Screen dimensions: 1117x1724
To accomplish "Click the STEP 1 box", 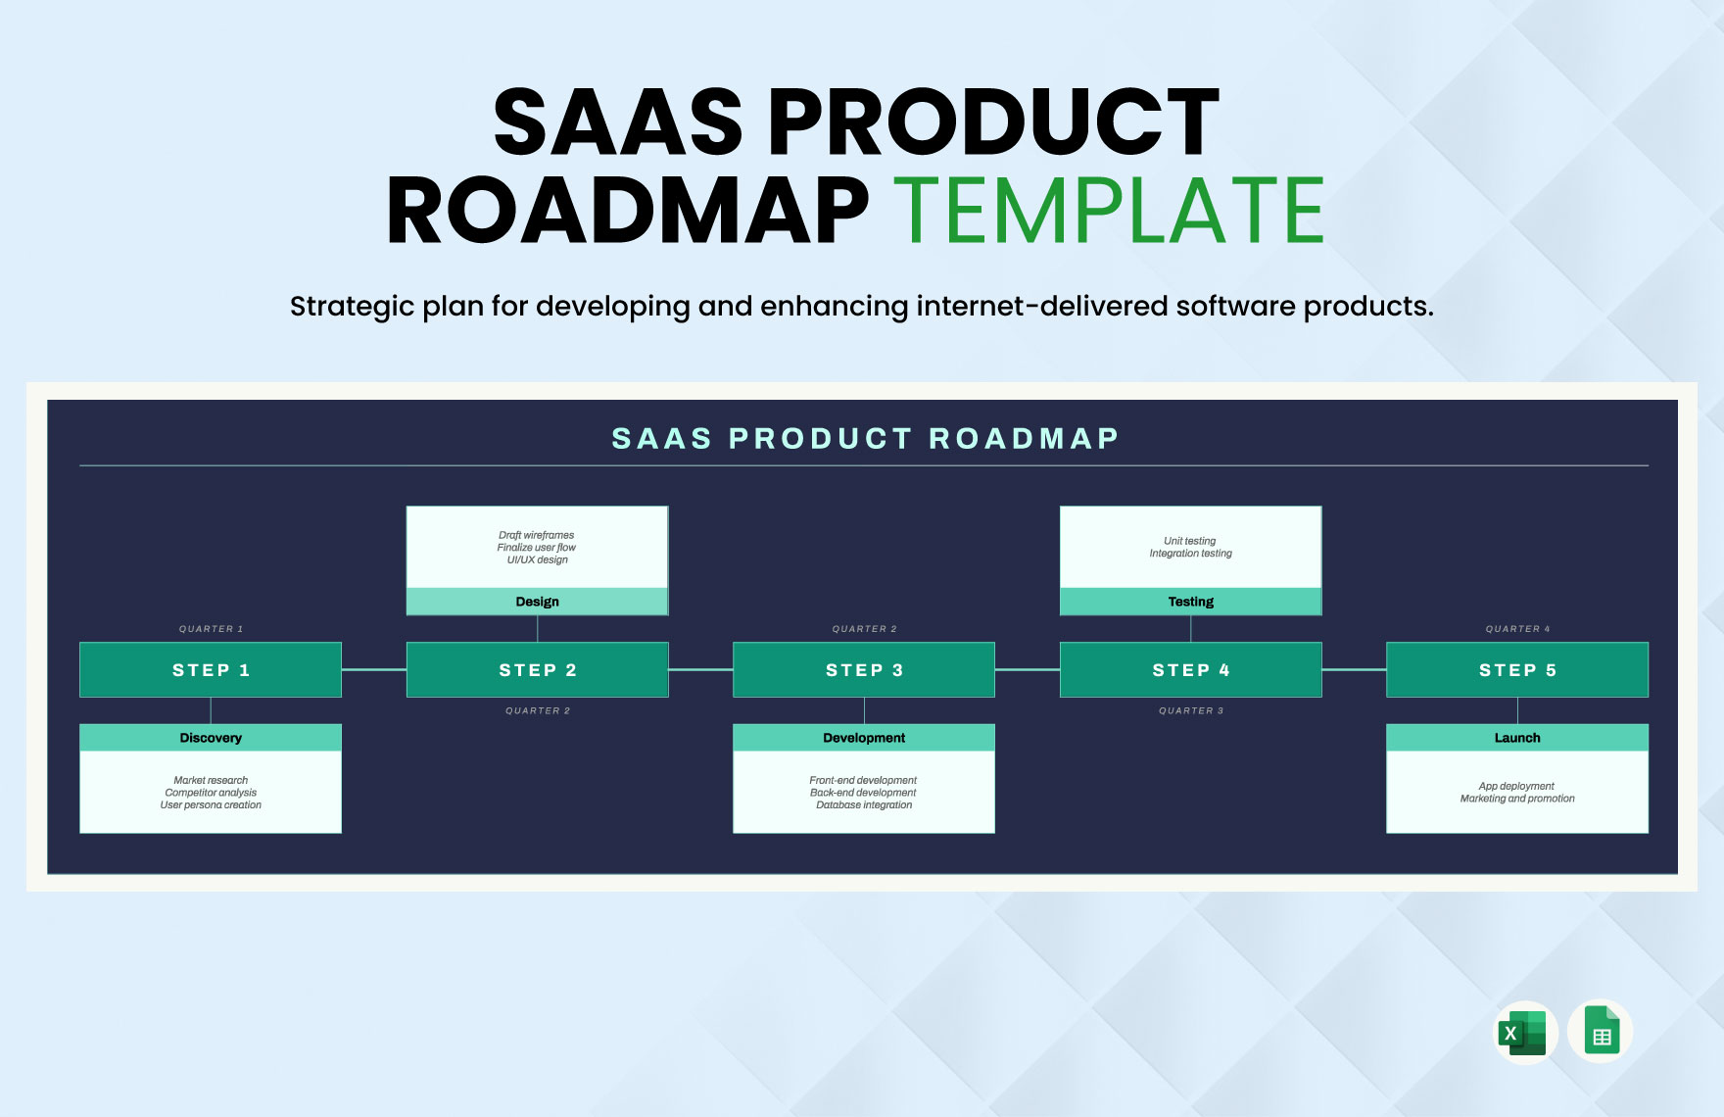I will [x=211, y=670].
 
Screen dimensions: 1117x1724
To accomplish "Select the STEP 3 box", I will [x=864, y=670].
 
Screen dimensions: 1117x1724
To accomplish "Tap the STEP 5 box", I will [x=1517, y=670].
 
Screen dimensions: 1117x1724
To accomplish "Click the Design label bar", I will [x=537, y=602].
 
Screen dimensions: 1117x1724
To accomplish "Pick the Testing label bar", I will [x=1190, y=602].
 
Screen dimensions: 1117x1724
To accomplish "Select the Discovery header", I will [x=211, y=738].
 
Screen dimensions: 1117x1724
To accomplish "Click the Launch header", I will [x=1517, y=738].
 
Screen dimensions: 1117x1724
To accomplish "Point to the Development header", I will [x=864, y=738].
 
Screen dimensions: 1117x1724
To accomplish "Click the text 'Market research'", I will [x=211, y=780].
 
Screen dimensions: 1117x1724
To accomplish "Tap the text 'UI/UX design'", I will [x=537, y=559].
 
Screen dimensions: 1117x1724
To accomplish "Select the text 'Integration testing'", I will [x=1190, y=554].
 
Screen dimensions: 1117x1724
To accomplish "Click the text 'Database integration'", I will [x=864, y=805].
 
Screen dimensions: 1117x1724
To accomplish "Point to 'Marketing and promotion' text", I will [x=1517, y=799].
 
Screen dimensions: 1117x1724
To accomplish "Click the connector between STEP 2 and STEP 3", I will [x=700, y=670].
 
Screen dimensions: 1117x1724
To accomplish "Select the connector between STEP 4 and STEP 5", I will [x=1354, y=670].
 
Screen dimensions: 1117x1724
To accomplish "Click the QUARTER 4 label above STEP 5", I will [x=1517, y=629].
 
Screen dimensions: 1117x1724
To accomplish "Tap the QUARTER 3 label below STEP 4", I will [x=1190, y=710].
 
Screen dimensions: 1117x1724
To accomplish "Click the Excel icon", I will [x=1525, y=1033].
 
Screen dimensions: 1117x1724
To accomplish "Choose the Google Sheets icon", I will [x=1601, y=1032].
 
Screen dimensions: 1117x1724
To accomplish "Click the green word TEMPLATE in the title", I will [x=1109, y=211].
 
